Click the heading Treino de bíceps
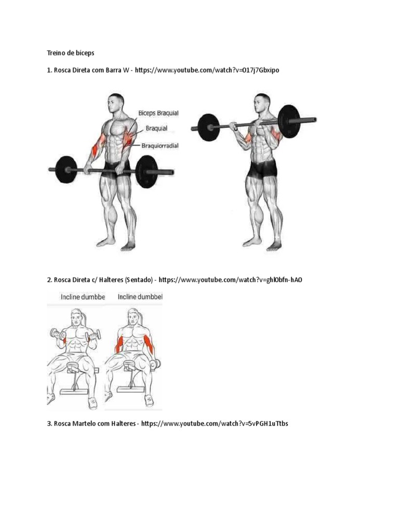(x=71, y=53)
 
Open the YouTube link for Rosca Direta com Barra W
(x=207, y=70)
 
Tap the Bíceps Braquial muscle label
(x=158, y=113)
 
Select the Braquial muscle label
(x=156, y=129)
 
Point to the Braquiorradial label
(x=160, y=146)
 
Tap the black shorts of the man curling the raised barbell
(x=262, y=169)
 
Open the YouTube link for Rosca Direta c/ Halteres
(x=230, y=280)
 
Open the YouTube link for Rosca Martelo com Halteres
(x=215, y=423)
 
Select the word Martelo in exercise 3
(x=85, y=423)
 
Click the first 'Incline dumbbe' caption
(x=83, y=297)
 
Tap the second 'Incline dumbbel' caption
(x=140, y=297)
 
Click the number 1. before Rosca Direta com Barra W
(x=49, y=70)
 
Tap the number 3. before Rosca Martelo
(x=49, y=423)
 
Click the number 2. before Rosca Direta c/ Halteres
(x=49, y=280)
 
